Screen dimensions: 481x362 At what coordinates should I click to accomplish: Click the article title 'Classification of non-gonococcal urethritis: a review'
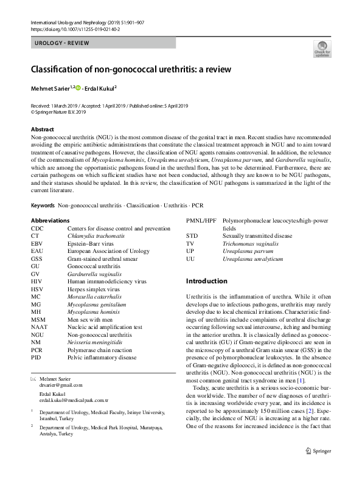coord(131,69)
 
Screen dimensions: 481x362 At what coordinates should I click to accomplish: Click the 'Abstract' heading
coord(42,130)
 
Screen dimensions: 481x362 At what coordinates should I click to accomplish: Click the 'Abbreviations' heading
coord(50,220)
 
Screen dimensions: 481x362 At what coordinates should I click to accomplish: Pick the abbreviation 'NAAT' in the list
coord(38,327)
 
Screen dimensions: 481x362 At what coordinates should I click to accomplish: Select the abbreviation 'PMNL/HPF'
coord(201,220)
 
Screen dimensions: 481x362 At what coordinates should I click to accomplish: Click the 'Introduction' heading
coord(206,281)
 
